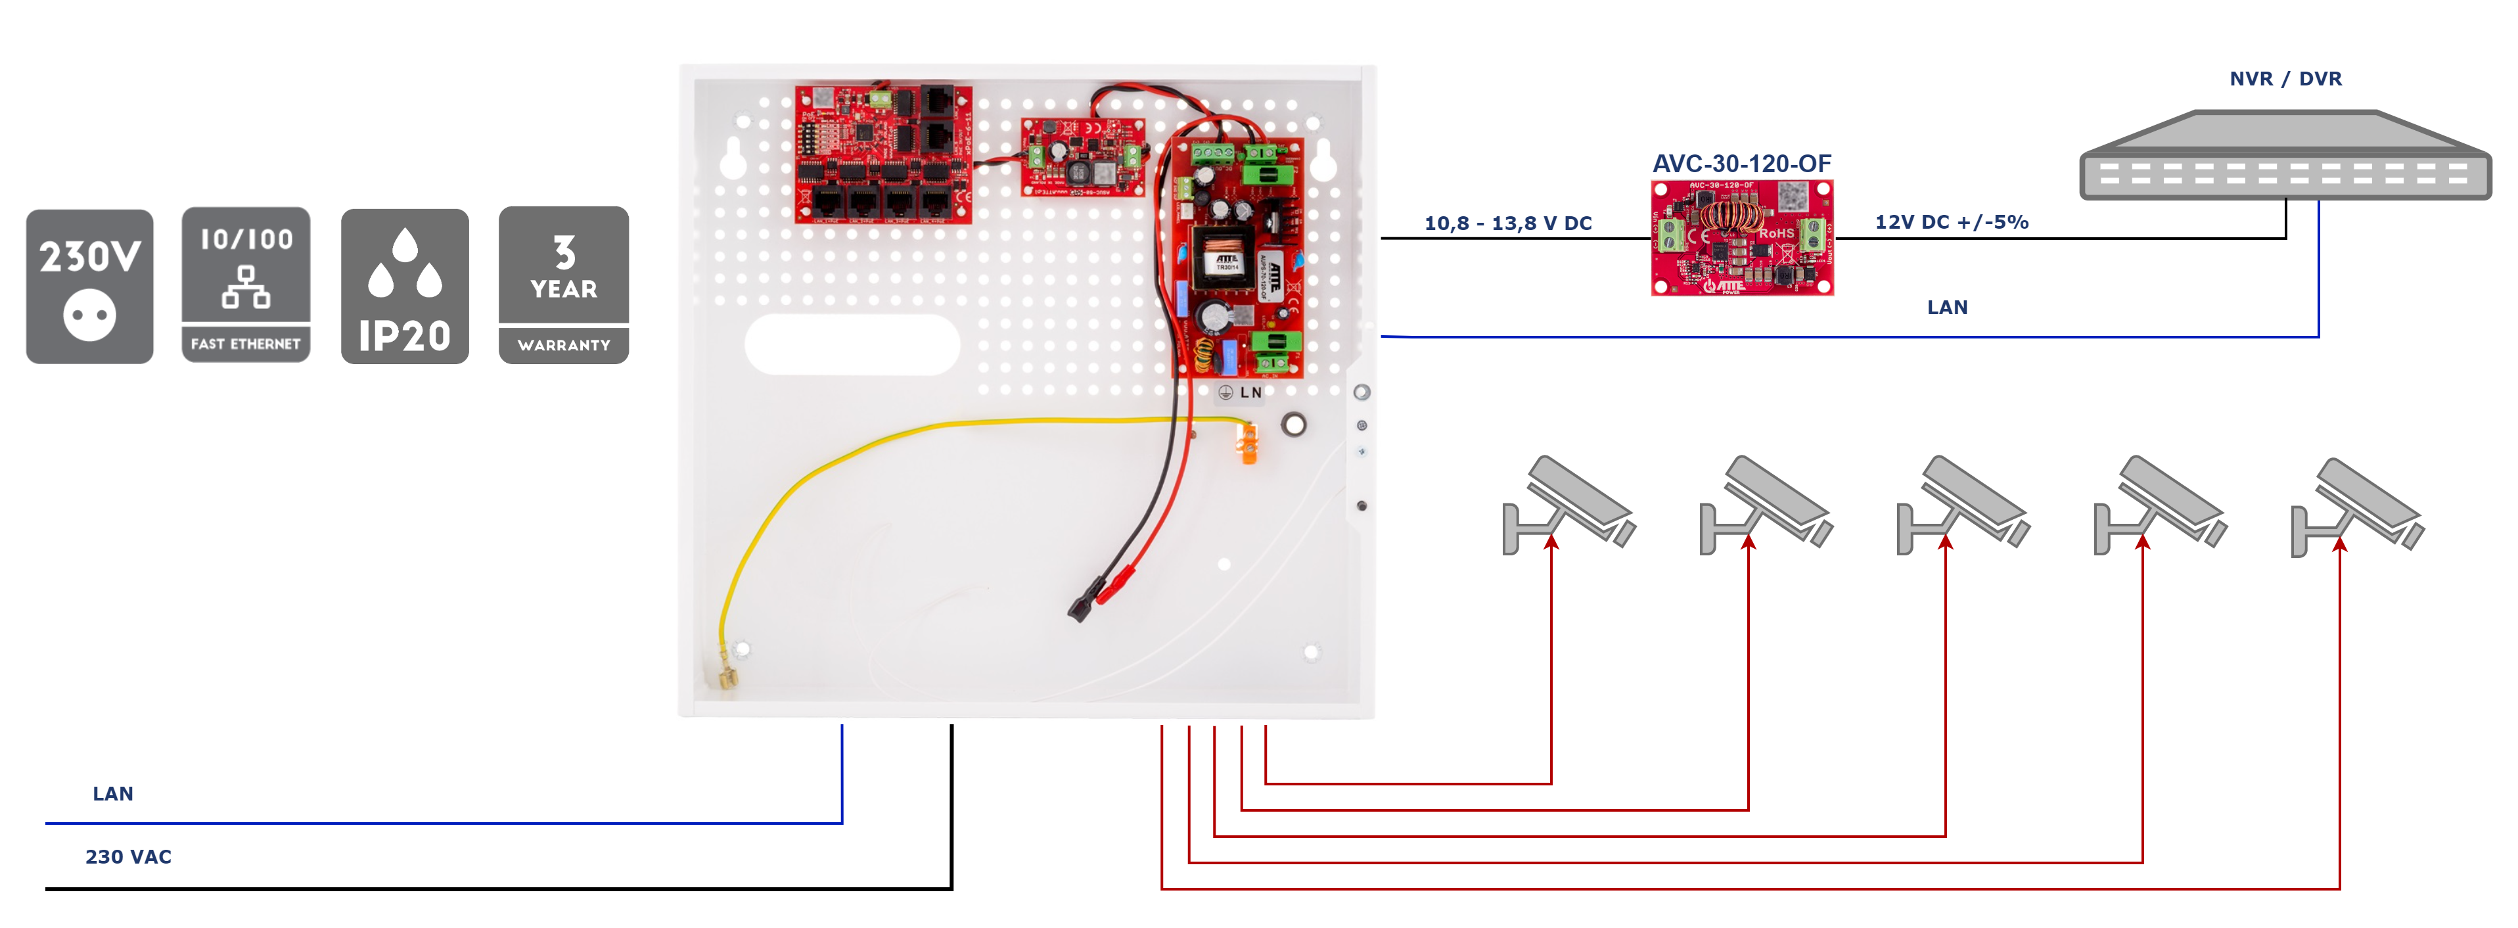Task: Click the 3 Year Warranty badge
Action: (563, 285)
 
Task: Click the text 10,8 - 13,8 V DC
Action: (1507, 223)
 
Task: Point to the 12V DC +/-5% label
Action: (1950, 222)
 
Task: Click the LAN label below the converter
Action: (1946, 307)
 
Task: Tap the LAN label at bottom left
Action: (112, 793)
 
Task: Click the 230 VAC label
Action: (128, 856)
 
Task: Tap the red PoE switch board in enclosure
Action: (882, 154)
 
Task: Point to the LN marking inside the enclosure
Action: (1250, 392)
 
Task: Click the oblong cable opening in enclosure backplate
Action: (852, 344)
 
